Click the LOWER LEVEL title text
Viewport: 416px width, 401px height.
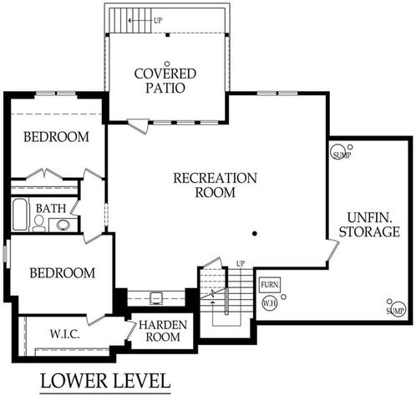(105, 381)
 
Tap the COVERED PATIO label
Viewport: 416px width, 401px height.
(165, 82)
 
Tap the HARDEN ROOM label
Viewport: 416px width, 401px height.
(162, 330)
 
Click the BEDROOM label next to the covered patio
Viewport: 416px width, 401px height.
(55, 137)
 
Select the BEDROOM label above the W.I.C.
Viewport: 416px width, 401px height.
(62, 273)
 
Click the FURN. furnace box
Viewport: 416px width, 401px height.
(269, 285)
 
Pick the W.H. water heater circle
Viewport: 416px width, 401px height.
(269, 303)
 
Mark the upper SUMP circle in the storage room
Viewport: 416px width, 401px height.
(342, 154)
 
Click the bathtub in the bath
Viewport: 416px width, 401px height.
(19, 215)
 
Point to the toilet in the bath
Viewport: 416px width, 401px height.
(38, 223)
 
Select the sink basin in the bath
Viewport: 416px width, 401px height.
(63, 224)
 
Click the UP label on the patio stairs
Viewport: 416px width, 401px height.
(157, 19)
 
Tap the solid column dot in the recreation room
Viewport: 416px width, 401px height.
(255, 234)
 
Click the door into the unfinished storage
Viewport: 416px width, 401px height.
(332, 249)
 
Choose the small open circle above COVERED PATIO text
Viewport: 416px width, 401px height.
(166, 63)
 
